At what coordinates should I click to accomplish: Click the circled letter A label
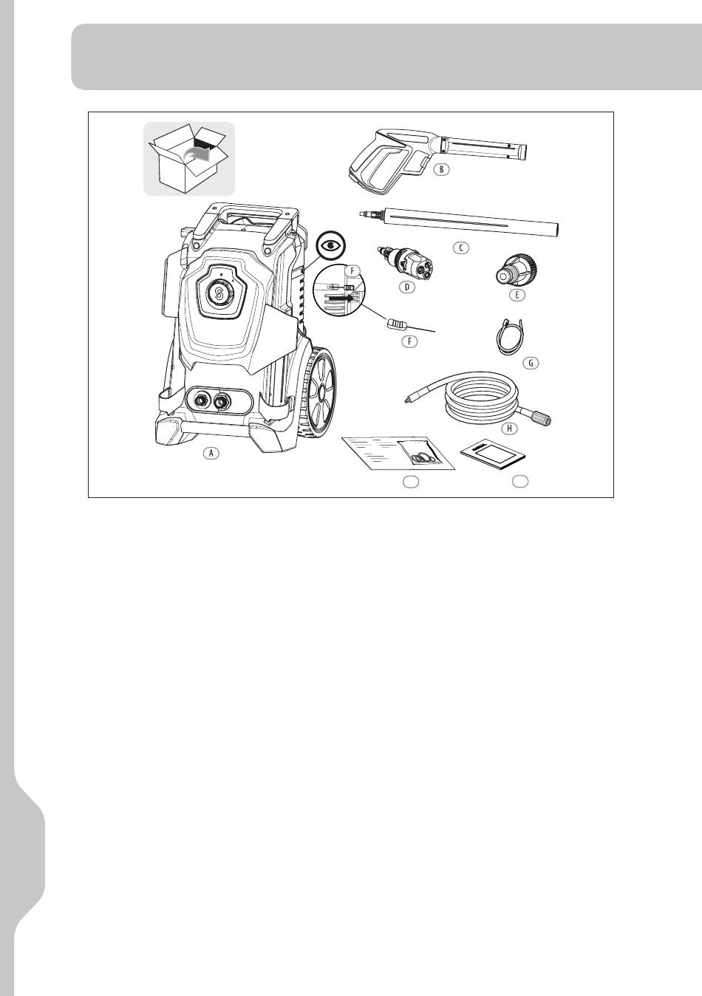click(x=211, y=453)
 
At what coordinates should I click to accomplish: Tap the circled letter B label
click(x=441, y=169)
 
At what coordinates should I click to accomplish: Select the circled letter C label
click(x=461, y=248)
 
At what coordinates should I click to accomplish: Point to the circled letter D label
click(x=406, y=287)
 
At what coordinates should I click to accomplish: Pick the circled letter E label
click(x=517, y=295)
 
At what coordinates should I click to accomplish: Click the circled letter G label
click(x=531, y=363)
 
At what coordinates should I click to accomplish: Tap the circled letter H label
click(x=509, y=429)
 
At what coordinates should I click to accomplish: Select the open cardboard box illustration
click(x=189, y=159)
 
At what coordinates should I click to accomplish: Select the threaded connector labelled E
click(x=517, y=270)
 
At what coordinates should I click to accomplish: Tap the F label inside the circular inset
click(x=352, y=270)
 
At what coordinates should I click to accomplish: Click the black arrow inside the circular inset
click(x=347, y=299)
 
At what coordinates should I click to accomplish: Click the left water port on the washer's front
click(x=200, y=400)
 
